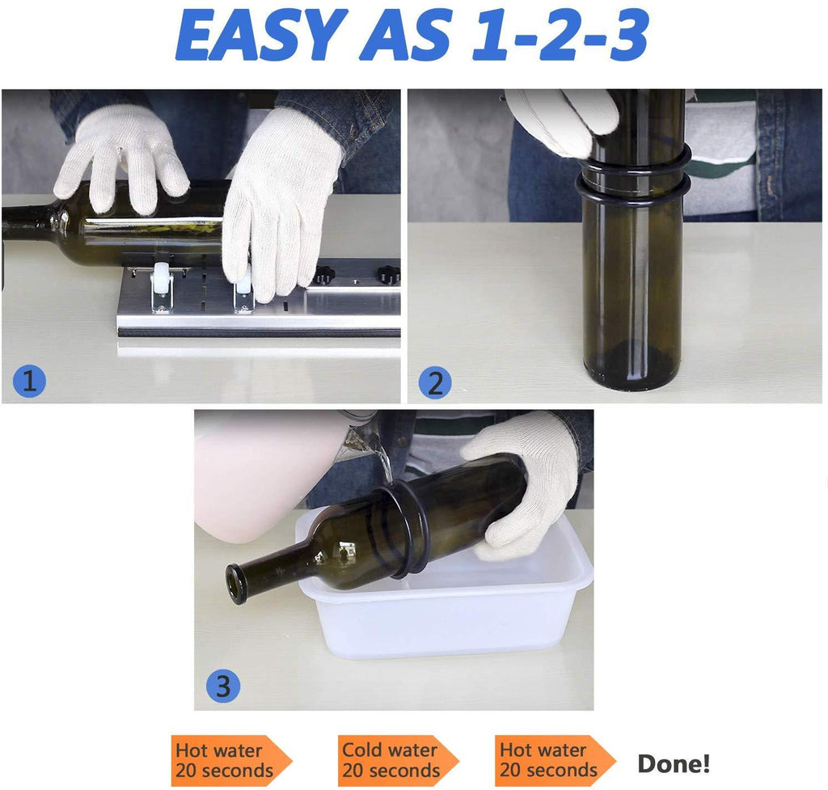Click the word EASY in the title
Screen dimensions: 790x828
tap(260, 36)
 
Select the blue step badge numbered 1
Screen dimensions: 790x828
tap(29, 381)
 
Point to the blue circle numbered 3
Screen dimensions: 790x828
tap(222, 686)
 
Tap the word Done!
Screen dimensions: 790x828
tap(674, 763)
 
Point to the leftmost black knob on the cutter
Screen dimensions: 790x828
tap(323, 276)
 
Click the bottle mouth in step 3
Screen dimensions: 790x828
tap(238, 584)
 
